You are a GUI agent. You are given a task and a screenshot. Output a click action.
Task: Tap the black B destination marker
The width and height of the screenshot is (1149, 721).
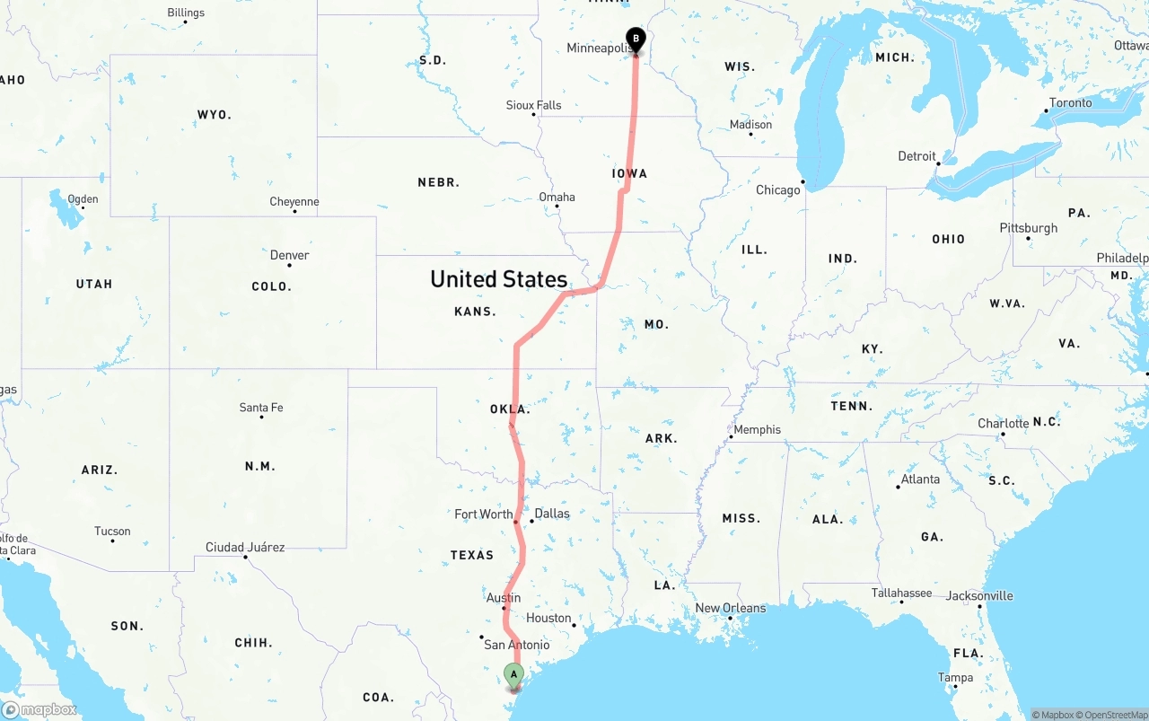click(x=636, y=40)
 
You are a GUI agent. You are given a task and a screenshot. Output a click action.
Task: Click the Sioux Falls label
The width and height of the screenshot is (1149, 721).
click(x=533, y=105)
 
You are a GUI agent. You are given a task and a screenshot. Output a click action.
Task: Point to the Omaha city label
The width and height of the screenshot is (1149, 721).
click(x=557, y=197)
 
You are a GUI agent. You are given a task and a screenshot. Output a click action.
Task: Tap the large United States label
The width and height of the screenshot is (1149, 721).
click(x=498, y=278)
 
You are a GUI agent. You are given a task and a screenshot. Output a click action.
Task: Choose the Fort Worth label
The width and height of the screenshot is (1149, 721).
click(x=483, y=514)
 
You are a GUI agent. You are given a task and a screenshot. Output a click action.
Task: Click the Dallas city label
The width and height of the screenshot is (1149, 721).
click(x=551, y=514)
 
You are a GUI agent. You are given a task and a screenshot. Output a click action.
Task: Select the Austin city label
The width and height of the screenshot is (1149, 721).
click(x=503, y=598)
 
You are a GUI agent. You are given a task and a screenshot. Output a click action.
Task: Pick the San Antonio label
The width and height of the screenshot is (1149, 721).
click(x=516, y=645)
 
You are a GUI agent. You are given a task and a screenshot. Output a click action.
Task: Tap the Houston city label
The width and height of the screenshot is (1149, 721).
click(x=548, y=618)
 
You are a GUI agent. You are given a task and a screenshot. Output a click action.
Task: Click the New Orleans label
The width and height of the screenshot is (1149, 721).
click(x=731, y=608)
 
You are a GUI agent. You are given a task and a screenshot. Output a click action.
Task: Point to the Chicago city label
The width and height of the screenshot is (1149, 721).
click(x=777, y=190)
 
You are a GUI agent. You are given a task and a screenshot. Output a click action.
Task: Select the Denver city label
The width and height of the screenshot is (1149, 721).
click(x=289, y=255)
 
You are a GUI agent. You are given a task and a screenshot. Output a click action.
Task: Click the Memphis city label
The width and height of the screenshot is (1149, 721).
click(x=757, y=429)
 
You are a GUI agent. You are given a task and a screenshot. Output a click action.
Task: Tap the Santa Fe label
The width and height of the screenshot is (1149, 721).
click(x=260, y=408)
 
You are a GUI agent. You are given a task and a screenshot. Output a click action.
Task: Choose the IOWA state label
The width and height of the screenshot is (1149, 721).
click(x=629, y=173)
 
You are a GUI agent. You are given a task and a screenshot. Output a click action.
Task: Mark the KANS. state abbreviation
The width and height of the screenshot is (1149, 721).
click(x=475, y=312)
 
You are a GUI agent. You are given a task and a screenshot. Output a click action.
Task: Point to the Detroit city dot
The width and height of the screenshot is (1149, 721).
click(x=938, y=163)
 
